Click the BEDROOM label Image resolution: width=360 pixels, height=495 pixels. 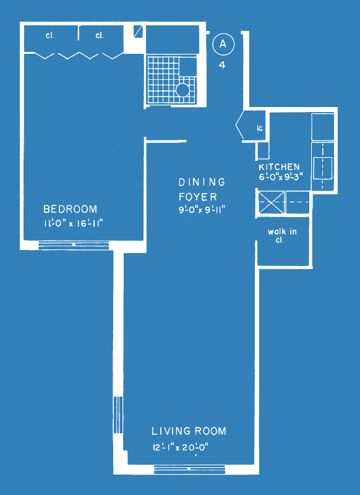tap(71, 209)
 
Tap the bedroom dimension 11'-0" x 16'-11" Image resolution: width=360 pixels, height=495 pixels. tap(74, 223)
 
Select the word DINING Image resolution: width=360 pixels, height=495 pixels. tap(202, 182)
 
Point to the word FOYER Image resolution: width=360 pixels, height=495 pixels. tap(198, 197)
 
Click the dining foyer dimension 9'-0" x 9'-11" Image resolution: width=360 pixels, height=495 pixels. tap(202, 210)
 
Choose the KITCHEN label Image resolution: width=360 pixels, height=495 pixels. tap(279, 166)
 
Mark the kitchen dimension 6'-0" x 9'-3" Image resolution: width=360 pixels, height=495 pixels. tap(280, 176)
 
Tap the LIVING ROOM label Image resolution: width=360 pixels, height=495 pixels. tap(189, 431)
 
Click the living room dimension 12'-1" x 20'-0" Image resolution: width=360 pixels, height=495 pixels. tap(181, 447)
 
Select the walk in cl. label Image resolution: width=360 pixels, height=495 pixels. tap(282, 236)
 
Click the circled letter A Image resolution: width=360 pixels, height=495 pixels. tap(223, 45)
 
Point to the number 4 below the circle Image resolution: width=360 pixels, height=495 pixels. tap(223, 66)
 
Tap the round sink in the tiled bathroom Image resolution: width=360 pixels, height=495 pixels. tap(182, 90)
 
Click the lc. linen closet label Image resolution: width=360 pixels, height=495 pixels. tap(260, 129)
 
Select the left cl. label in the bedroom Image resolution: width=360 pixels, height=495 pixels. tap(50, 35)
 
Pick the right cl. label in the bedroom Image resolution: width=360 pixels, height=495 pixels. tap(100, 35)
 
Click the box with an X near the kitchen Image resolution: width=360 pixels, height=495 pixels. tap(271, 202)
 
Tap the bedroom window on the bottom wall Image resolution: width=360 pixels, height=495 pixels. tap(74, 245)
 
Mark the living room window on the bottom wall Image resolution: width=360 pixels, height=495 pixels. tap(190, 470)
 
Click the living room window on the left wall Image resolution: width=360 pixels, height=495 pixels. tap(118, 415)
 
